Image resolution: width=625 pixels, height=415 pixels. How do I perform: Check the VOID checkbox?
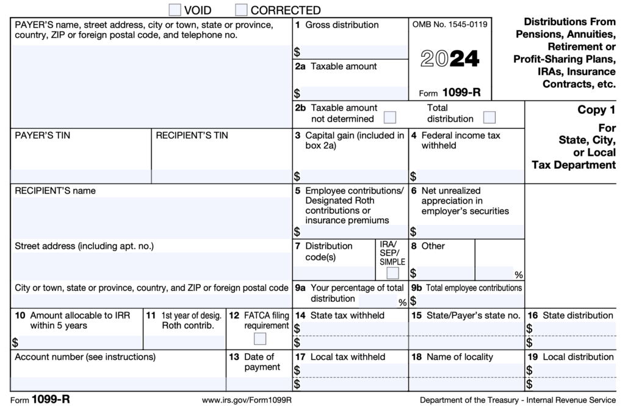pyautogui.click(x=175, y=10)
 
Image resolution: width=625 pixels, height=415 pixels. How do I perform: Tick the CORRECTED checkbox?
pyautogui.click(x=241, y=10)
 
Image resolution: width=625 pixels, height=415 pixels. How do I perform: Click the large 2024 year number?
pyautogui.click(x=450, y=59)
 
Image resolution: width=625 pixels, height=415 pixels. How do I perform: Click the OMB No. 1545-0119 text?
pyautogui.click(x=450, y=25)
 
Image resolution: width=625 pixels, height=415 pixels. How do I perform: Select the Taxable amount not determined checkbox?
pyautogui.click(x=389, y=117)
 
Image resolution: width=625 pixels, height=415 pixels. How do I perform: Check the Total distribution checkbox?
pyautogui.click(x=489, y=117)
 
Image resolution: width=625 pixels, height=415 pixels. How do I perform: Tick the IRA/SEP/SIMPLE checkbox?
pyautogui.click(x=392, y=273)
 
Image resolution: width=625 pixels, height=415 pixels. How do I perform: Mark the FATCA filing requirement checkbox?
pyautogui.click(x=259, y=338)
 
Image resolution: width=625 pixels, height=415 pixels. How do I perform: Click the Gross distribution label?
pyautogui.click(x=342, y=25)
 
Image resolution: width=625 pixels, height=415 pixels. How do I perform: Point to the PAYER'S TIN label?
pyautogui.click(x=42, y=136)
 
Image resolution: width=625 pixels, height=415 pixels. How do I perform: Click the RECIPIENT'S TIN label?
pyautogui.click(x=192, y=136)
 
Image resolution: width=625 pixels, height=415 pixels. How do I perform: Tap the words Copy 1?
pyautogui.click(x=596, y=111)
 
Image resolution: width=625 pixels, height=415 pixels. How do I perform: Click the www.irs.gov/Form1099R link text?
pyautogui.click(x=247, y=400)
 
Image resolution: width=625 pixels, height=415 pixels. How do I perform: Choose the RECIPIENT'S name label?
pyautogui.click(x=55, y=191)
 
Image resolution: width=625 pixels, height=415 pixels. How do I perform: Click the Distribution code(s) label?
pyautogui.click(x=329, y=251)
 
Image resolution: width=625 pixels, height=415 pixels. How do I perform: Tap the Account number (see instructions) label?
pyautogui.click(x=85, y=357)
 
